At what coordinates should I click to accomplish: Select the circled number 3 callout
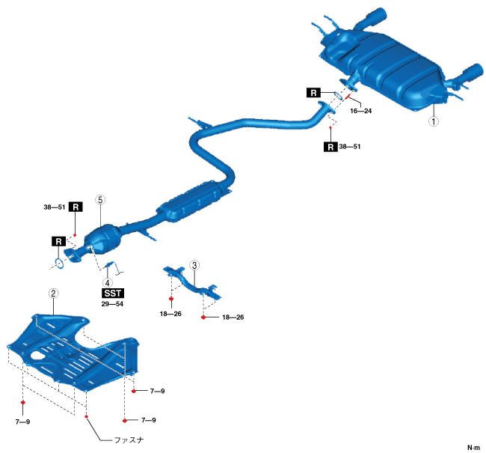194,265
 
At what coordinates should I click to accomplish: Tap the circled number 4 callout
108,282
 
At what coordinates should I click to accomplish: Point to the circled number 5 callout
100,201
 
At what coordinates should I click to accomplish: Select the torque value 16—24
358,110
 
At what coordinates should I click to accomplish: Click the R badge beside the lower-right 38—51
330,147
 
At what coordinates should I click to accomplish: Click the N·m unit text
473,447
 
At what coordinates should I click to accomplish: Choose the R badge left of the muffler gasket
314,92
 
